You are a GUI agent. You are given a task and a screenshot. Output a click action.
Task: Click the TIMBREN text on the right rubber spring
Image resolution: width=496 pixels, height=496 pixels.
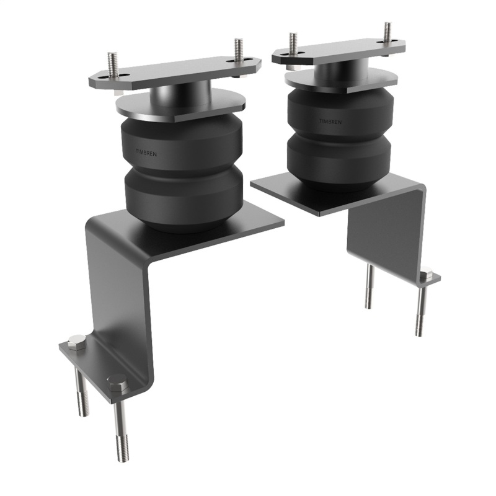point(330,122)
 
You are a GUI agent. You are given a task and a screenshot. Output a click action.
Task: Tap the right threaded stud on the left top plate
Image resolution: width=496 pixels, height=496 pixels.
point(238,50)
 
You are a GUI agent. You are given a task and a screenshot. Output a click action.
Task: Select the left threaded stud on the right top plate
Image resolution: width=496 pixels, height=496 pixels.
point(293,42)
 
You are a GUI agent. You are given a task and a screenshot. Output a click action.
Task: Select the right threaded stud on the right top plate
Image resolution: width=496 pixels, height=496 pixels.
point(387,32)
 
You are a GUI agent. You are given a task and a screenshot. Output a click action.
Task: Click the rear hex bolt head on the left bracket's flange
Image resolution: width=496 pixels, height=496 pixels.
point(76,342)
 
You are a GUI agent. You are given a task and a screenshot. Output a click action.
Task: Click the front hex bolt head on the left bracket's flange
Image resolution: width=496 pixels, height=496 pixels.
point(117,383)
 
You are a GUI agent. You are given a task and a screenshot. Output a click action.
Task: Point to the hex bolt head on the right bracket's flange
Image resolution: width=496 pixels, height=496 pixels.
point(426,273)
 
